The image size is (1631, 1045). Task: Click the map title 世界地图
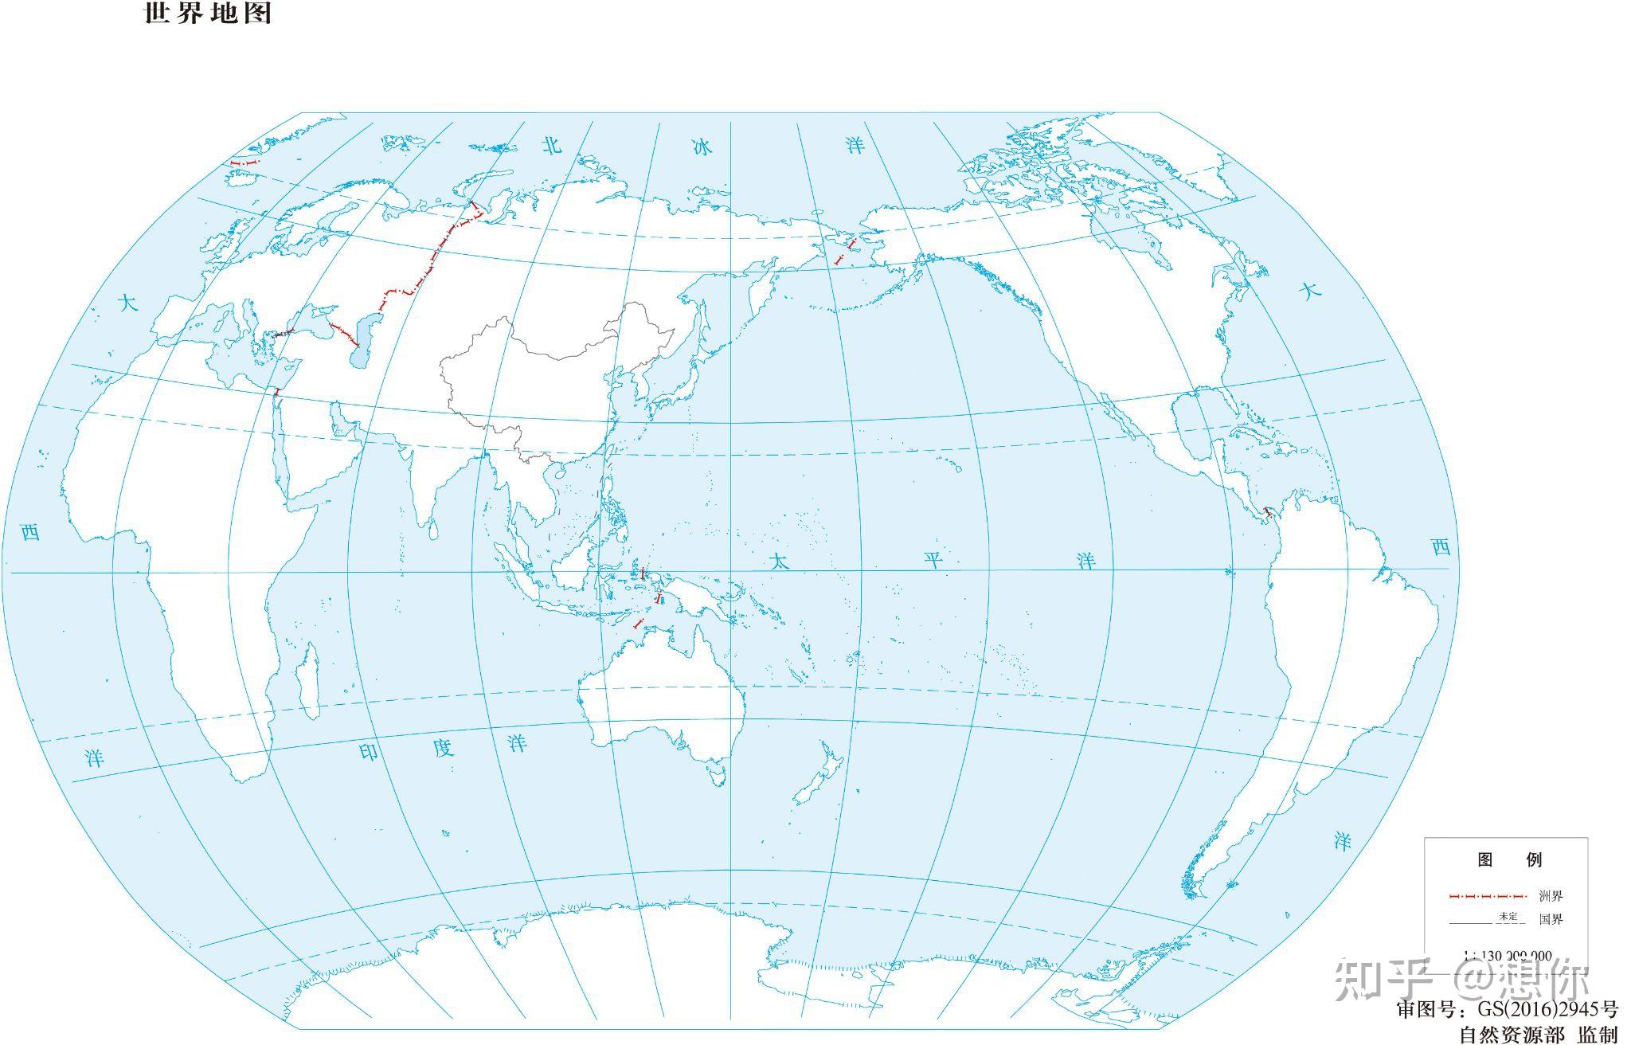[208, 14]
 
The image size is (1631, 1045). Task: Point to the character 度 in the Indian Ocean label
[443, 748]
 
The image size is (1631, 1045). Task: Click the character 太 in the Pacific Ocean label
[779, 562]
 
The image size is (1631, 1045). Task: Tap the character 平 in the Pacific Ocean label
[933, 560]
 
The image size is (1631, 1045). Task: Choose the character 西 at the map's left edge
[30, 532]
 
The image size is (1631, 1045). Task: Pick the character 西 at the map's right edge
[1441, 547]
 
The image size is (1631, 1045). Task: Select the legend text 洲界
[1551, 896]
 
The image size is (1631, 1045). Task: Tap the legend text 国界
[1551, 920]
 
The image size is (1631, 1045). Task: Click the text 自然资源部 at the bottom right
[1511, 1034]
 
